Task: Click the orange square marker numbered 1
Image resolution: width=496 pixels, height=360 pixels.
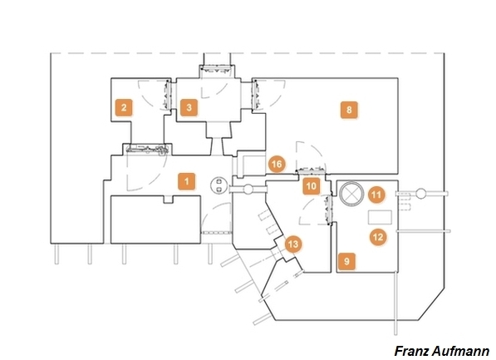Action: click(x=186, y=181)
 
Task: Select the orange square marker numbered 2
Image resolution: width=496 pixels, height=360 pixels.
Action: click(x=124, y=107)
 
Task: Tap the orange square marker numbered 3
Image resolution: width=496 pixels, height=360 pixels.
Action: click(x=189, y=107)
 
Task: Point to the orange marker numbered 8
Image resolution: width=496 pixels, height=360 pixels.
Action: click(x=349, y=110)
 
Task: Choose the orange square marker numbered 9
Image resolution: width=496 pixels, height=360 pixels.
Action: click(x=346, y=262)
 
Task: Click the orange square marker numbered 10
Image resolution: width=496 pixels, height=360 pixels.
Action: click(x=312, y=186)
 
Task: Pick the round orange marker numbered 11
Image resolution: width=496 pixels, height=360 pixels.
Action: click(x=376, y=195)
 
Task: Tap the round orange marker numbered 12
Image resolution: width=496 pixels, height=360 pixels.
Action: click(x=378, y=237)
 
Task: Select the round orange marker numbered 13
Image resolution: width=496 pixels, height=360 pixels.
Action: click(x=293, y=244)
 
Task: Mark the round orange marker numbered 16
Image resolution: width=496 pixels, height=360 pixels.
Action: click(x=277, y=164)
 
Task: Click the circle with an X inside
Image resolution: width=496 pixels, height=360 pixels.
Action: click(x=351, y=194)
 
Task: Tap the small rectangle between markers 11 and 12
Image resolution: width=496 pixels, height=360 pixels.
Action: click(x=380, y=217)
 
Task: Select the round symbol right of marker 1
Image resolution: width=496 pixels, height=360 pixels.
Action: click(x=219, y=185)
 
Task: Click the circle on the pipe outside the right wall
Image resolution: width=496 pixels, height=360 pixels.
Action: click(x=420, y=194)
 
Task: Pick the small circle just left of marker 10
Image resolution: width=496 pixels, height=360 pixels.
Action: click(x=248, y=190)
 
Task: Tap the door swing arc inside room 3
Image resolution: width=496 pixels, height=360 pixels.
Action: click(x=219, y=91)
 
